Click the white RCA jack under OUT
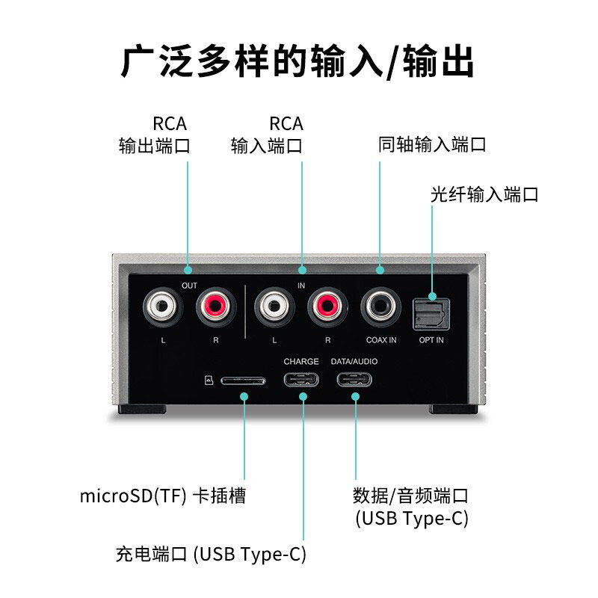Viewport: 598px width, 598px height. tap(163, 306)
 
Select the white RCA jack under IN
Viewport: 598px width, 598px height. tap(274, 306)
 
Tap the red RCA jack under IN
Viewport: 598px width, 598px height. tap(327, 306)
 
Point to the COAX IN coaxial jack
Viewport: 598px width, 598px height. tap(380, 306)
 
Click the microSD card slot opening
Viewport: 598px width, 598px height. tap(242, 380)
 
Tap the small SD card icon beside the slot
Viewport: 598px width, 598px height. tap(209, 380)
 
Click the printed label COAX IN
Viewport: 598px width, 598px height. tap(380, 340)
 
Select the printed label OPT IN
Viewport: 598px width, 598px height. tap(431, 340)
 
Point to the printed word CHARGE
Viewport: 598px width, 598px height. tap(301, 362)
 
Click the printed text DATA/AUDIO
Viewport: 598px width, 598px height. tap(355, 362)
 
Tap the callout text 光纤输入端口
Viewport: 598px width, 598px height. tap(484, 195)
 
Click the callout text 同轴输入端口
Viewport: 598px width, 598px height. tap(433, 144)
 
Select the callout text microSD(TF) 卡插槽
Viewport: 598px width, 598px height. tap(162, 496)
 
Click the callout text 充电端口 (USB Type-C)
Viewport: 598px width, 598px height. tap(211, 554)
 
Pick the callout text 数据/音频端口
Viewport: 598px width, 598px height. tap(410, 495)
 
